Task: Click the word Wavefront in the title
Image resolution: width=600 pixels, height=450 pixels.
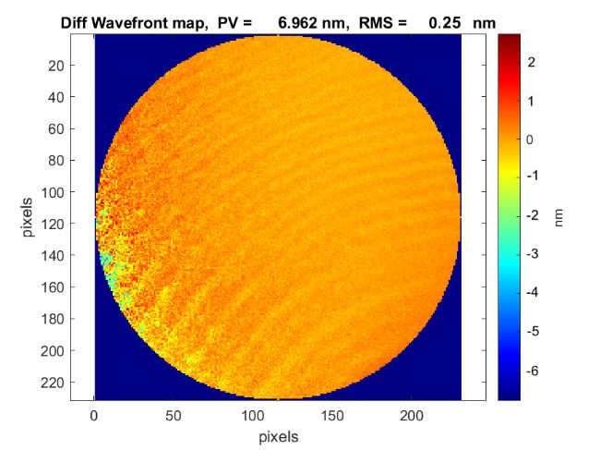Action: click(131, 21)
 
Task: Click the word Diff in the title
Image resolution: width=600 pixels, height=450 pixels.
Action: click(77, 21)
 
